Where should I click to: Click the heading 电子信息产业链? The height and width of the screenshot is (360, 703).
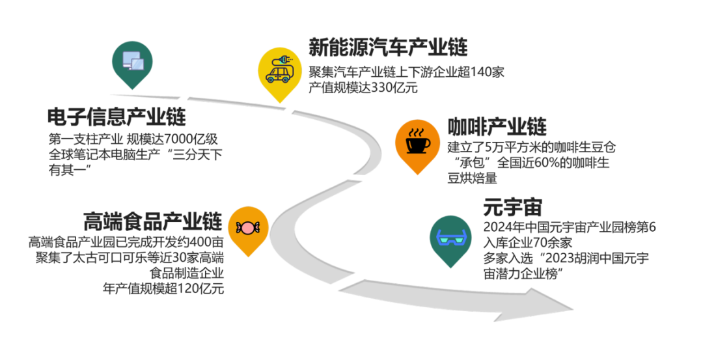tap(117, 117)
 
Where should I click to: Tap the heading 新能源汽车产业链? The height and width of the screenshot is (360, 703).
tap(388, 47)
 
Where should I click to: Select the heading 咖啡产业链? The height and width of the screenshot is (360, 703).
tap(497, 126)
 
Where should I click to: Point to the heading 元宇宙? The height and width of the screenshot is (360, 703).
tap(512, 208)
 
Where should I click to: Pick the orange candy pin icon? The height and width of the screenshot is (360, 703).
tap(249, 226)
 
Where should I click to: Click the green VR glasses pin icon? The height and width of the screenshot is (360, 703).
tap(450, 237)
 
